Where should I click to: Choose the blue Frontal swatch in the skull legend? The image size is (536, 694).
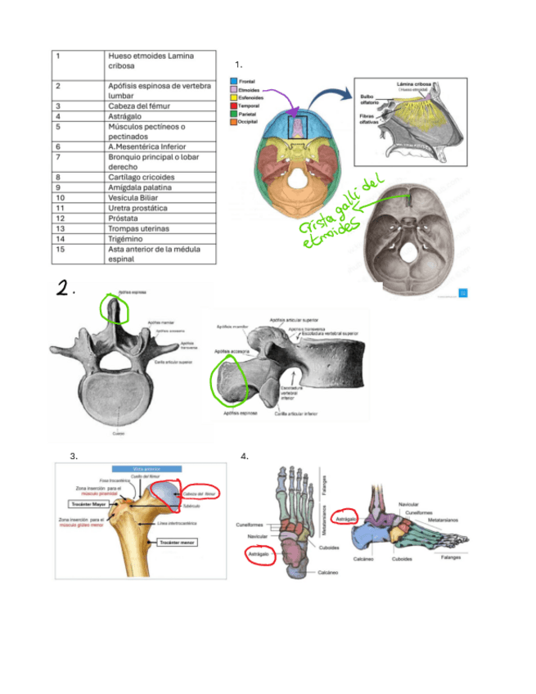tap(233, 82)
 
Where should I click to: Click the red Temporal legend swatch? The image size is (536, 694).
tap(233, 106)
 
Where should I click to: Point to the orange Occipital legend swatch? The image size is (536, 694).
tap(233, 122)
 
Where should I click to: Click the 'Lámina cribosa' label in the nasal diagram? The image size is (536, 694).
tap(414, 83)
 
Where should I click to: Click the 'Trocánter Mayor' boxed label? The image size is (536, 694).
tap(91, 505)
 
